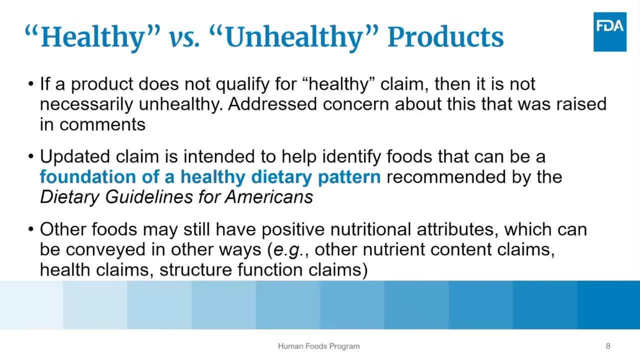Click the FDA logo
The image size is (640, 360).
pyautogui.click(x=609, y=31)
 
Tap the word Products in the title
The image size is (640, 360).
pyautogui.click(x=445, y=37)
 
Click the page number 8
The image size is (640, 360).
pyautogui.click(x=608, y=346)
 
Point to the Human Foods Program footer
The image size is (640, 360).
pyautogui.click(x=319, y=346)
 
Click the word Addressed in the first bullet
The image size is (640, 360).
pyautogui.click(x=272, y=103)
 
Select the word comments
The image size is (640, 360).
pyautogui.click(x=102, y=125)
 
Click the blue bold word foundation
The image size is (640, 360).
pyautogui.click(x=87, y=176)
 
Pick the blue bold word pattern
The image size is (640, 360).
pyautogui.click(x=349, y=177)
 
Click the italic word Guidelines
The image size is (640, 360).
pyautogui.click(x=149, y=197)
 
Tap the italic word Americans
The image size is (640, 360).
pyautogui.click(x=268, y=197)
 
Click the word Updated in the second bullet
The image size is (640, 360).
pyautogui.click(x=75, y=157)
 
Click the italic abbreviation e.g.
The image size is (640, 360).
pyautogui.click(x=288, y=250)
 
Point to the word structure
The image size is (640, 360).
pyautogui.click(x=195, y=269)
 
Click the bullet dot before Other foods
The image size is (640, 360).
pyautogui.click(x=31, y=229)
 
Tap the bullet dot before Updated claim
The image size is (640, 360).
pyautogui.click(x=31, y=156)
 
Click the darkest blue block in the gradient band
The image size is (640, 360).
pyautogui.click(x=608, y=305)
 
